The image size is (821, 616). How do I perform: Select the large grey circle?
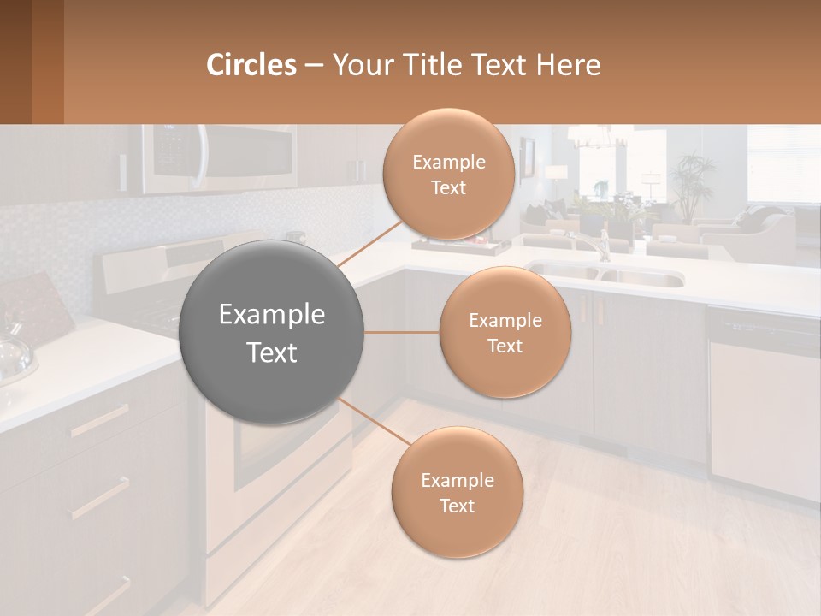point(272,332)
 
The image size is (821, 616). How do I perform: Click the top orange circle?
point(449,174)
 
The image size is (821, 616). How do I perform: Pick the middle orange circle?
point(505,332)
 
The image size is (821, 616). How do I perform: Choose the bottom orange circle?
point(457,492)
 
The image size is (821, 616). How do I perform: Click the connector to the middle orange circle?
point(402,332)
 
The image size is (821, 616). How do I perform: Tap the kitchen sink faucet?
point(599,244)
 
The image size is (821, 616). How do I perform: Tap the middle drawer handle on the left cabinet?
point(101,499)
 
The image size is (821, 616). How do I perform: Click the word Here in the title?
point(568,65)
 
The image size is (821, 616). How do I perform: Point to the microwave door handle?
point(200,158)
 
